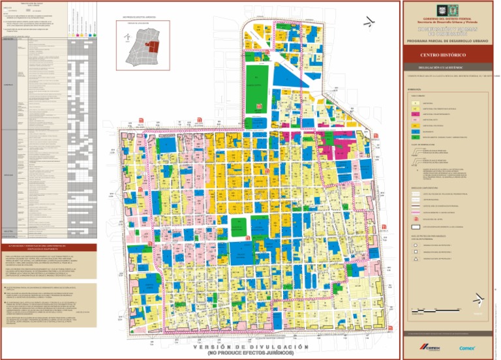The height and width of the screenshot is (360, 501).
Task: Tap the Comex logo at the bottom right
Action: [x=467, y=347]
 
